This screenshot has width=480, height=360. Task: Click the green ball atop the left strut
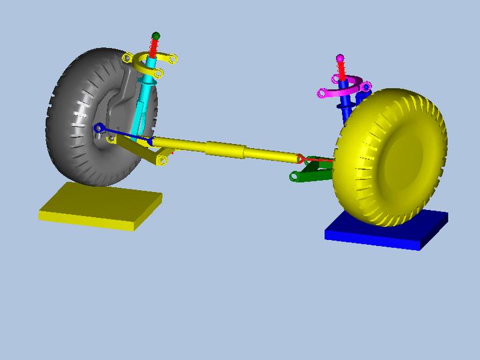click(x=156, y=35)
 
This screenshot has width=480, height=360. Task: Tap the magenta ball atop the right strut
click(x=340, y=59)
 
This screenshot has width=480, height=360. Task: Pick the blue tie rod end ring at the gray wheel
click(x=99, y=127)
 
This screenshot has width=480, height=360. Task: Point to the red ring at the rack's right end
click(x=301, y=159)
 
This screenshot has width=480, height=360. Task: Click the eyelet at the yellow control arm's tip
click(x=163, y=161)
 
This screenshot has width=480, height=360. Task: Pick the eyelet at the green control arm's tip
click(x=293, y=177)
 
